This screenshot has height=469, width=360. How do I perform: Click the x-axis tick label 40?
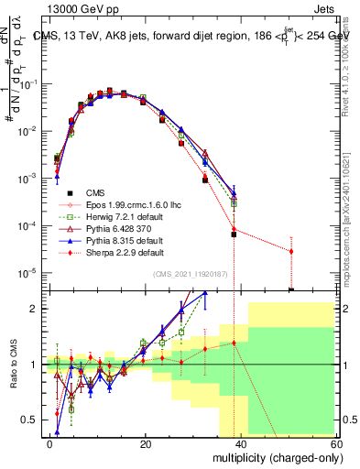(242, 443)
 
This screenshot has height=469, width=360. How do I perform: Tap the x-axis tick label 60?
(337, 443)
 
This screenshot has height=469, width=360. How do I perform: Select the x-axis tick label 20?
(146, 443)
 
